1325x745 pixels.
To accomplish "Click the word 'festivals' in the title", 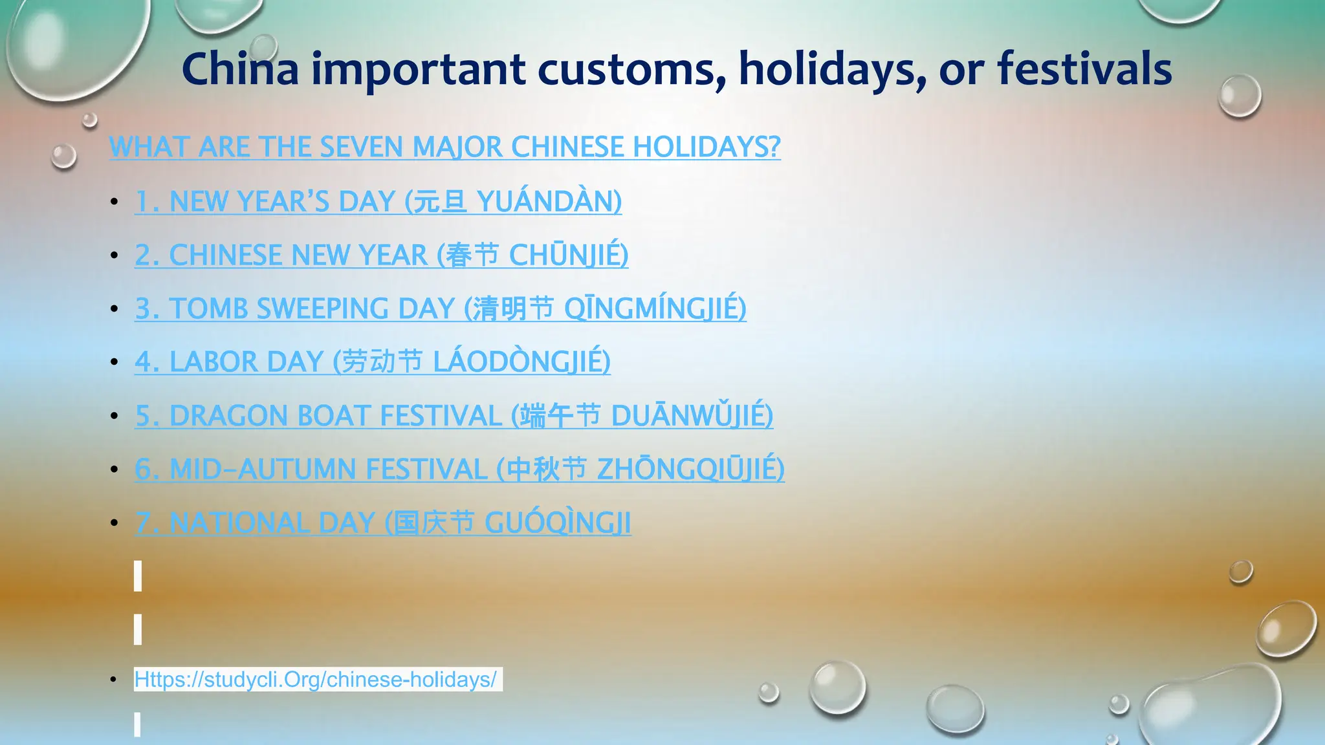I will pos(1084,69).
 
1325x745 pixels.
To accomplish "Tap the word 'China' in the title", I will pos(240,69).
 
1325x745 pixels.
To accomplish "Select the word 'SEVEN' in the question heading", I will pos(362,147).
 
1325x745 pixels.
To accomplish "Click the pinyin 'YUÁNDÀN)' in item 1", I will pos(549,201).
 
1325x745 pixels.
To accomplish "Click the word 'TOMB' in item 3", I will pos(209,308).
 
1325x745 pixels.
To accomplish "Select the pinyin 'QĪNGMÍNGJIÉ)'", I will pos(655,308).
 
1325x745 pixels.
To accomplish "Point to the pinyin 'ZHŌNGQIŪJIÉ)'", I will pos(690,469).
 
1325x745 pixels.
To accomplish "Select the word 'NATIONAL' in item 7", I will pos(239,523).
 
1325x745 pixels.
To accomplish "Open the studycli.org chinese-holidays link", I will pos(315,679).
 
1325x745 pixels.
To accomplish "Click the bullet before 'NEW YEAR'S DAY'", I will pos(115,202).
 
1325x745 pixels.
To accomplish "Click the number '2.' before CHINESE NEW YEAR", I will pos(147,255).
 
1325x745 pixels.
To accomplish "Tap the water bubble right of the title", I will pos(1240,96).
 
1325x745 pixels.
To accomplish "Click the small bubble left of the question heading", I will pos(63,157).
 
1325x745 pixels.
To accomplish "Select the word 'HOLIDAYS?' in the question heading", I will pos(706,147).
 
